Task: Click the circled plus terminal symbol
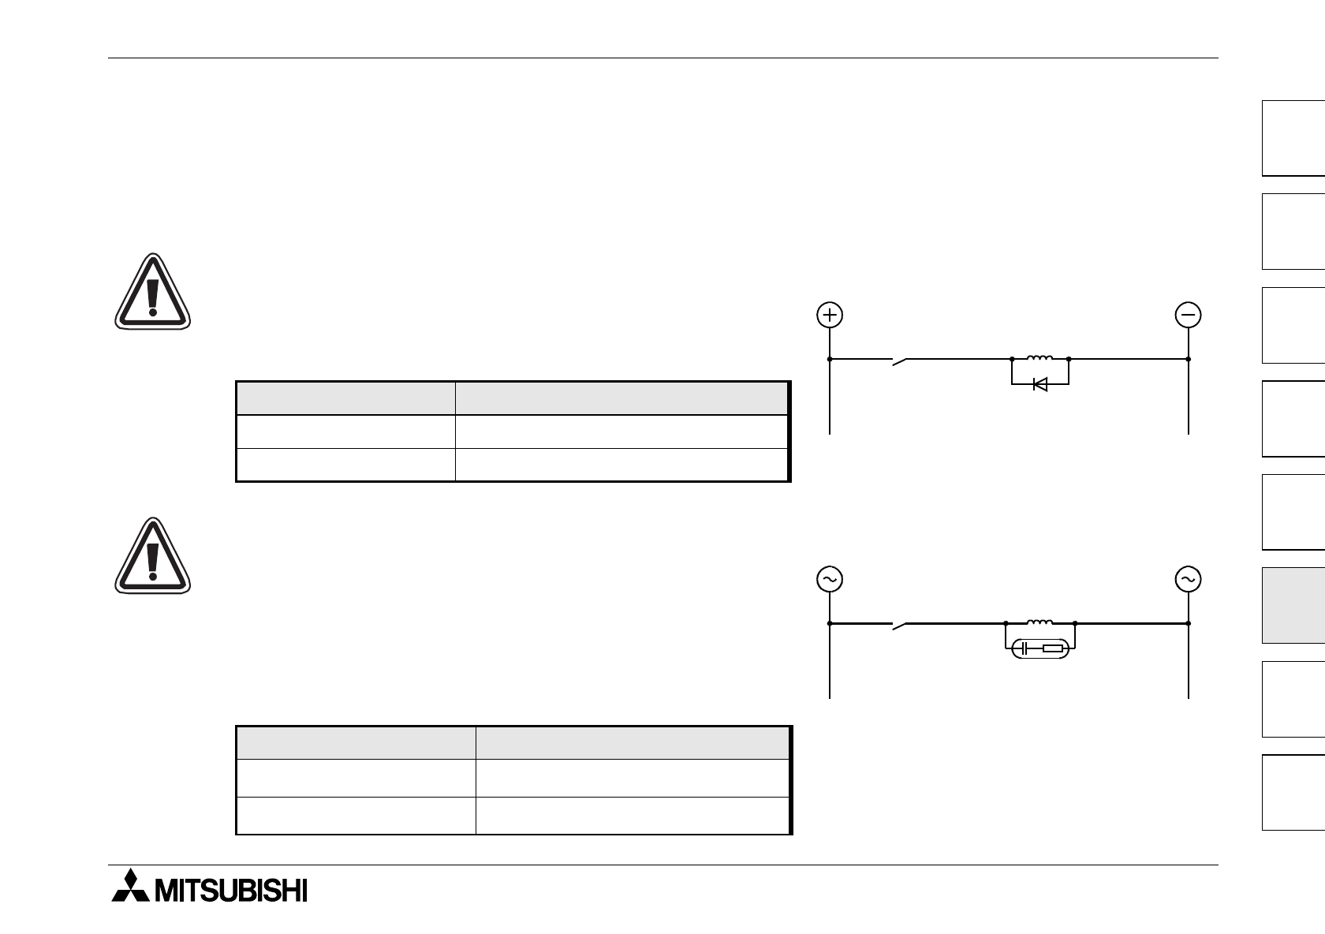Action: (x=830, y=315)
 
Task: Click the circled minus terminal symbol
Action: (x=1188, y=315)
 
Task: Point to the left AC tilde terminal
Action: (x=830, y=579)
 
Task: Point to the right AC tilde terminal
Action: (x=1188, y=579)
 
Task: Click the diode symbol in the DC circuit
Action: (x=1039, y=384)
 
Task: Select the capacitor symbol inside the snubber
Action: (x=1024, y=649)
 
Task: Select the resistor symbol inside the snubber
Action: (x=1052, y=649)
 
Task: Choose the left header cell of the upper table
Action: (x=345, y=398)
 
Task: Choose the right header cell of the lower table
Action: (x=632, y=743)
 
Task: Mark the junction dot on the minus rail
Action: (x=1188, y=359)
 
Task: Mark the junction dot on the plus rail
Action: (x=830, y=359)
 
